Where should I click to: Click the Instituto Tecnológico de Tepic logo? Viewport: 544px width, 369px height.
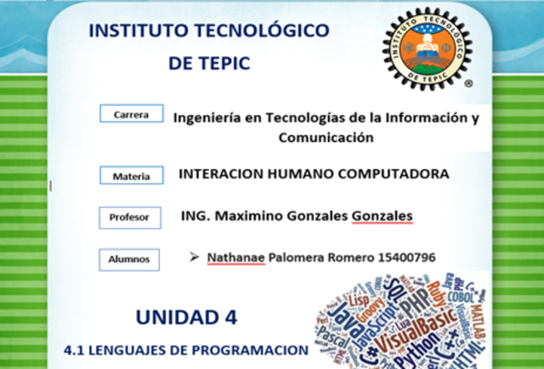pyautogui.click(x=426, y=49)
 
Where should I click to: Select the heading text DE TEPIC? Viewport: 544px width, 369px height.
pyautogui.click(x=209, y=64)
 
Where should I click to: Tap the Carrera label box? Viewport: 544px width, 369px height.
pyautogui.click(x=131, y=114)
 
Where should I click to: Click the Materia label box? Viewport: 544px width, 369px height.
pyautogui.click(x=131, y=176)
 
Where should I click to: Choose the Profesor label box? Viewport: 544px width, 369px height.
pyautogui.click(x=129, y=218)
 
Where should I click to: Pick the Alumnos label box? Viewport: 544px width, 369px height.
pyautogui.click(x=129, y=258)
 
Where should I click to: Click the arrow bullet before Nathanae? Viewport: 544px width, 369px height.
pyautogui.click(x=195, y=256)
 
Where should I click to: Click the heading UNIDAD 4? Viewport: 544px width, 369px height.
pyautogui.click(x=186, y=317)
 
